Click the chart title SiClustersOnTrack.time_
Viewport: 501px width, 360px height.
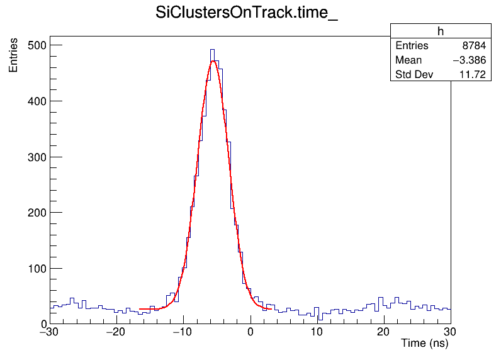coord(247,13)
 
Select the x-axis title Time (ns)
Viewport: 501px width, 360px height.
coord(424,344)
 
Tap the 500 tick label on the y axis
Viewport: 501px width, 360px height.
coord(35,45)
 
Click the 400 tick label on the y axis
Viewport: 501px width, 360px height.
coord(35,101)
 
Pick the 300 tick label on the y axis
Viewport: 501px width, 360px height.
coord(35,157)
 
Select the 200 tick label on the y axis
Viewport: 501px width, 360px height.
coord(35,213)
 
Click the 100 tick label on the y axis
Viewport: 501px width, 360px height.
coord(35,269)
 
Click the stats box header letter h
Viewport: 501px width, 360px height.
coord(441,31)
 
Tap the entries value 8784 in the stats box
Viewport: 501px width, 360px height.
coord(473,46)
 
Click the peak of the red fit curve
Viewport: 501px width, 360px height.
coord(214,61)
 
